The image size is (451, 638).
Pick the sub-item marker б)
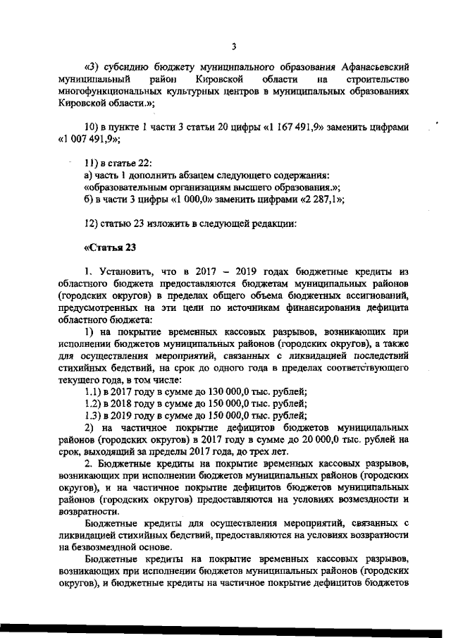coord(89,199)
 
